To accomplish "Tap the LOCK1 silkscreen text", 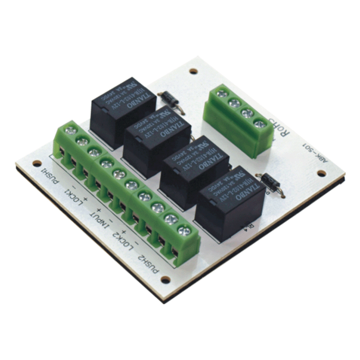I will coord(77,196).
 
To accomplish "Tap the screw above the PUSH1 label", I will coord(69,131).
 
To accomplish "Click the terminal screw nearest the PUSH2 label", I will coord(183,231).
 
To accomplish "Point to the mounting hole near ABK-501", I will coord(321,173).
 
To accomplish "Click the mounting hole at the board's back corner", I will coord(193,71).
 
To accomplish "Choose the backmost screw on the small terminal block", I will coord(221,94).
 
